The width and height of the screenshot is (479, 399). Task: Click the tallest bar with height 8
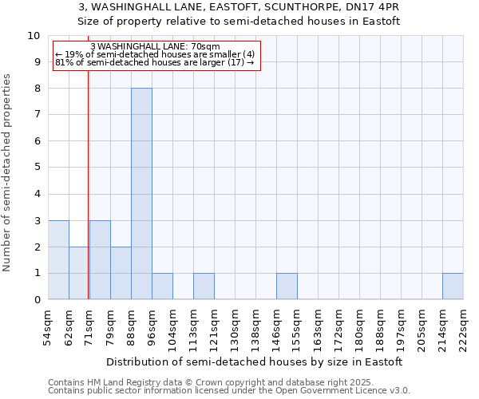coord(141,194)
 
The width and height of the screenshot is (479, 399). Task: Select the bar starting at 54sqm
coord(58,260)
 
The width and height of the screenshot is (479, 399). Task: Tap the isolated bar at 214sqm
coord(453,286)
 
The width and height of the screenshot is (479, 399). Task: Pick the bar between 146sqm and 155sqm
coord(287,286)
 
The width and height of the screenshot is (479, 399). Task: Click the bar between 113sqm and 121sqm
coord(204,286)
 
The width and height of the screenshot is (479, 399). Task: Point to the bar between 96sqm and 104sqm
coord(162,286)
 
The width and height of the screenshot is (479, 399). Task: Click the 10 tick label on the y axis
coord(34,36)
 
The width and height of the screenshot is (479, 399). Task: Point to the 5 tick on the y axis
coord(37,168)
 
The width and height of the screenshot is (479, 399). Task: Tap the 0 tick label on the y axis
coord(37,300)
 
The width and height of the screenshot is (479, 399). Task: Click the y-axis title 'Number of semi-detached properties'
coord(8,172)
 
